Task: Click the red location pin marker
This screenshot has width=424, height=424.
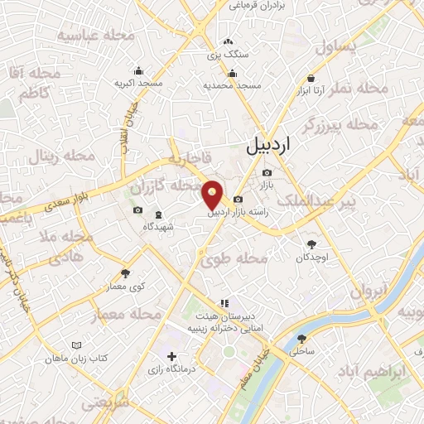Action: [214, 195]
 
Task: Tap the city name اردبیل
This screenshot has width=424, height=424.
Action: [270, 147]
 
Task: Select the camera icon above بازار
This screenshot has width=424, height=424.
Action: [267, 172]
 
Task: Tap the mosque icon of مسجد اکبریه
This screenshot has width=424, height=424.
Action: [137, 70]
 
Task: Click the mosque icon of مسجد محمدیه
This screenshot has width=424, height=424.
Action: [233, 70]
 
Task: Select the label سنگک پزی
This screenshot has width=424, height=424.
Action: [229, 54]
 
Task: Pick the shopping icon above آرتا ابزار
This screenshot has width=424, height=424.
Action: [311, 71]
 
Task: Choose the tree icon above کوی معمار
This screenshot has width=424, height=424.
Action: [126, 272]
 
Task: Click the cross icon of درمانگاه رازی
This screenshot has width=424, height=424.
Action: [171, 357]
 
